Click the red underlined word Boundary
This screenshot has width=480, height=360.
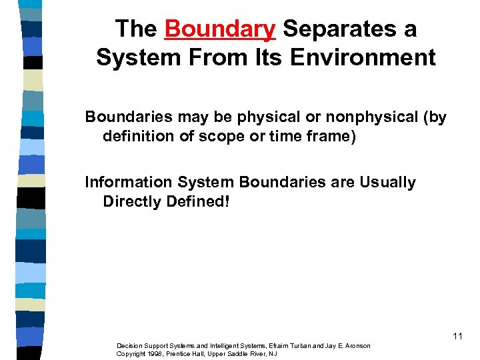(220, 29)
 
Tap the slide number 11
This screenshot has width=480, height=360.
(457, 336)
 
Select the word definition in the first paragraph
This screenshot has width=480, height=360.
(137, 136)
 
